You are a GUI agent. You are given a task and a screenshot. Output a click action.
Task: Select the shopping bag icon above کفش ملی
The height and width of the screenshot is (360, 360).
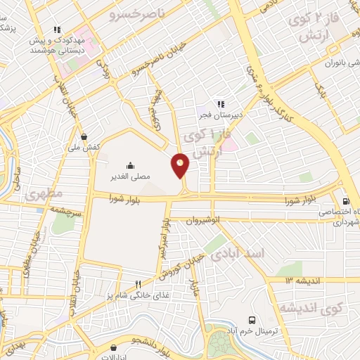84,136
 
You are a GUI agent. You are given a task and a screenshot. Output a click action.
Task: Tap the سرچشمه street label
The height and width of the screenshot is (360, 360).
70,211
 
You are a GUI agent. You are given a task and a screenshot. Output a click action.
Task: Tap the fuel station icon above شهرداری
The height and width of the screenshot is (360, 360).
345,200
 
